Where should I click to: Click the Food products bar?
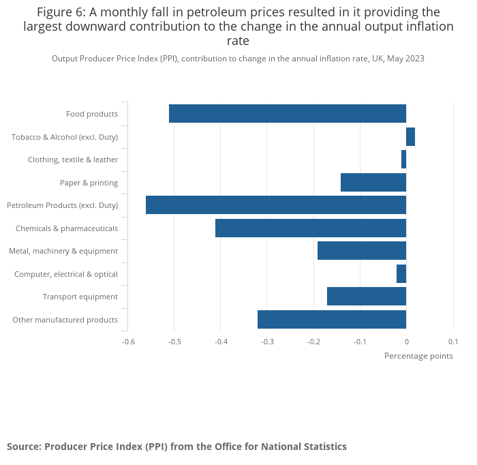click(x=288, y=114)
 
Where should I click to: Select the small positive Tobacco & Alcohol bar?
click(x=410, y=137)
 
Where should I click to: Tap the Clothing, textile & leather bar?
click(x=403, y=160)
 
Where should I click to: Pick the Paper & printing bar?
click(x=373, y=183)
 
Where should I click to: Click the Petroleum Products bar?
click(x=276, y=205)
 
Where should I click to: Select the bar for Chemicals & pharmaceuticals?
click(x=311, y=228)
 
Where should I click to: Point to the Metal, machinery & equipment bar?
click(x=362, y=251)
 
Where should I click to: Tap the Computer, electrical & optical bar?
click(x=401, y=274)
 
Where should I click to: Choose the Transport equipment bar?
click(x=367, y=297)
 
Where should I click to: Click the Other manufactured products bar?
click(x=332, y=320)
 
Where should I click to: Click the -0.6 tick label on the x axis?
click(x=128, y=342)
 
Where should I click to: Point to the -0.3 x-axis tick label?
click(x=267, y=342)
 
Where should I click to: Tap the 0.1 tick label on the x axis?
click(x=452, y=342)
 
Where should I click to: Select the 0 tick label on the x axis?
click(x=406, y=342)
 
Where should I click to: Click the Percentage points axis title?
click(x=418, y=356)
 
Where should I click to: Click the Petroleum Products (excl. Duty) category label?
click(x=62, y=205)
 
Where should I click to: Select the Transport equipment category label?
click(x=80, y=297)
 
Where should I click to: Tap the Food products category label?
click(x=92, y=114)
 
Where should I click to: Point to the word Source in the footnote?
click(x=23, y=447)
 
